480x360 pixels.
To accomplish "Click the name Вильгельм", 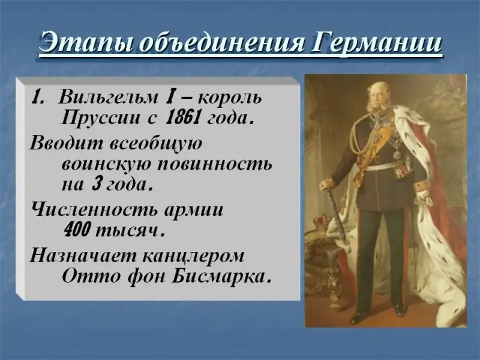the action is coord(108,97).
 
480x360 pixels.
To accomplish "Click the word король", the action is coord(230,97).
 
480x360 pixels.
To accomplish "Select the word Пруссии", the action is coord(100,118).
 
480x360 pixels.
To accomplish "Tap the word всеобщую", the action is coord(156,143).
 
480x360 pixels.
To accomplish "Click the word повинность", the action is coord(214,164).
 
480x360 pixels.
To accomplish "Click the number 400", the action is coord(77,230).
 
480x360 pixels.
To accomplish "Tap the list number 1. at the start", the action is coord(39,97).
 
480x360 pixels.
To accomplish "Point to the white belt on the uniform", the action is coord(387,166).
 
